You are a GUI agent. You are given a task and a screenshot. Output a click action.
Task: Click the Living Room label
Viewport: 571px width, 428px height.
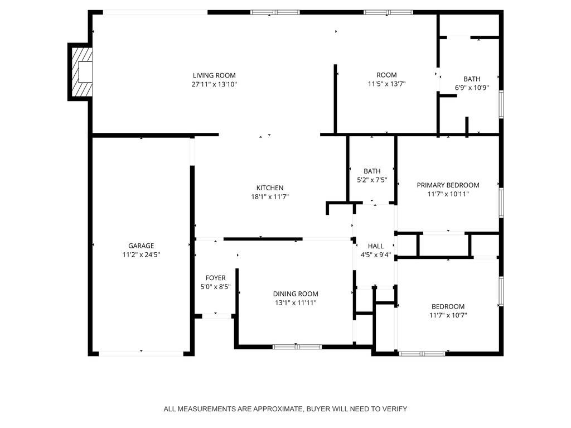[x=214, y=75]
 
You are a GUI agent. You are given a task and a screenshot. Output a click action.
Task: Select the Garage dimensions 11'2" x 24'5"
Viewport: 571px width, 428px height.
[x=141, y=254]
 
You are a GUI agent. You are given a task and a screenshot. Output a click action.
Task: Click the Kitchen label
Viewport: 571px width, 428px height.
[x=270, y=188]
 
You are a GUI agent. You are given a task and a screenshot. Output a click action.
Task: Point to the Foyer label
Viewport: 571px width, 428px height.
[x=215, y=278]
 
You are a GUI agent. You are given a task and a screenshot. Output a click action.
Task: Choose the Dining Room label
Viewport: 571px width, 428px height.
[x=296, y=294]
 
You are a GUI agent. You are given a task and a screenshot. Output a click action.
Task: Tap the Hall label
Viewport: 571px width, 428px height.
[x=376, y=246]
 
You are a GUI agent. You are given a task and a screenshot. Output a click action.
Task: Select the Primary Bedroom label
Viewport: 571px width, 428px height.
[x=448, y=185]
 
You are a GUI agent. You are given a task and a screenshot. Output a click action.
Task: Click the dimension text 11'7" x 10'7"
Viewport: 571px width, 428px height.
[x=448, y=315]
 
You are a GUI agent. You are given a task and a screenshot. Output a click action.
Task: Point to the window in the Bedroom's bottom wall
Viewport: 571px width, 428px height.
[x=422, y=353]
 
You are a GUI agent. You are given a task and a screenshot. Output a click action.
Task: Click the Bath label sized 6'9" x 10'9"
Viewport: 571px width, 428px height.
[x=472, y=79]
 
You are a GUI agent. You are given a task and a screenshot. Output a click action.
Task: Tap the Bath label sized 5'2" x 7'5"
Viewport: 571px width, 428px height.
[x=372, y=171]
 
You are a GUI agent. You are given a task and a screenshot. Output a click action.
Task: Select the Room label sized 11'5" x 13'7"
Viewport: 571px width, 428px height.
[x=386, y=75]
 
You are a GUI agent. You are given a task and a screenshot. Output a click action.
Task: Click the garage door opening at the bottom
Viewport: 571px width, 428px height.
[x=141, y=353]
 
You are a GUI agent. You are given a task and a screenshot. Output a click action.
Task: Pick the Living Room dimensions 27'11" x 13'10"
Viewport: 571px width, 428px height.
[x=214, y=84]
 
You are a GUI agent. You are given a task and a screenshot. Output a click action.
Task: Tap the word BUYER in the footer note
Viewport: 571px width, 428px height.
[x=317, y=409]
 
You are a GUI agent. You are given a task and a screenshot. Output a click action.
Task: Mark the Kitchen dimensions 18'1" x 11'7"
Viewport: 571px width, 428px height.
[x=270, y=196]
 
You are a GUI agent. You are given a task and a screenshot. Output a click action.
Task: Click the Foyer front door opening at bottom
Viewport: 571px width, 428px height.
[x=217, y=316]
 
